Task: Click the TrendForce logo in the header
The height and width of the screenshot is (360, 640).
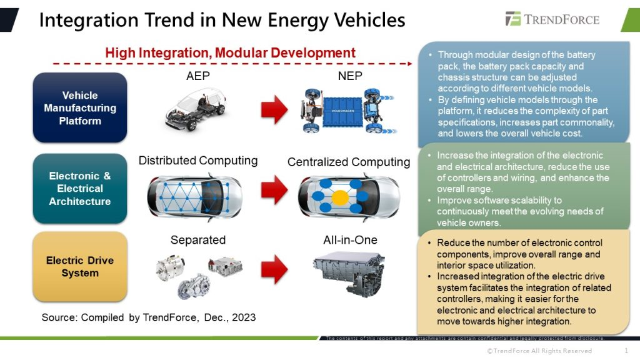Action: pyautogui.click(x=552, y=19)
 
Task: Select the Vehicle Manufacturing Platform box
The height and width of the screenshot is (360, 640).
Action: pyautogui.click(x=80, y=107)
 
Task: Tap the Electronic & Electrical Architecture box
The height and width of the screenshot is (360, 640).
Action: pyautogui.click(x=80, y=189)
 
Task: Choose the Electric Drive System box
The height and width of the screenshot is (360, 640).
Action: pyautogui.click(x=80, y=267)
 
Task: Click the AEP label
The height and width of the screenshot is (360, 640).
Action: pyautogui.click(x=198, y=76)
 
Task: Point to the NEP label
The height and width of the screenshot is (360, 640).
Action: pyautogui.click(x=350, y=76)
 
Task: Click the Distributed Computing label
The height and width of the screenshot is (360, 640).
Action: pyautogui.click(x=198, y=161)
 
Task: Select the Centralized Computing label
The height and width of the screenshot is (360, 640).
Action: pyautogui.click(x=349, y=162)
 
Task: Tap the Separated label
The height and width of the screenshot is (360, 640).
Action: pyautogui.click(x=198, y=240)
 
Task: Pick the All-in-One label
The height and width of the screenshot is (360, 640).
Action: pyautogui.click(x=350, y=240)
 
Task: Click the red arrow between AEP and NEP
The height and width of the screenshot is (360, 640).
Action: pyautogui.click(x=275, y=109)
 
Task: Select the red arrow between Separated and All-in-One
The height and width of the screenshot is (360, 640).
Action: pyautogui.click(x=275, y=269)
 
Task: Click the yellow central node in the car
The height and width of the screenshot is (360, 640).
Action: pyautogui.click(x=340, y=198)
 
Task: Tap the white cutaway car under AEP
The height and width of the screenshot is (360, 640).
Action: pyautogui.click(x=196, y=109)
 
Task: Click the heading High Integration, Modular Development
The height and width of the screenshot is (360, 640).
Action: pyautogui.click(x=230, y=53)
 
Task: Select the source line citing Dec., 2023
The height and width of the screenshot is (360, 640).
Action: pyautogui.click(x=149, y=317)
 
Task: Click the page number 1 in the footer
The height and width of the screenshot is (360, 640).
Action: pyautogui.click(x=626, y=351)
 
